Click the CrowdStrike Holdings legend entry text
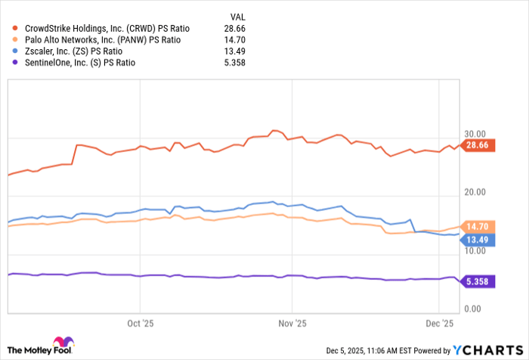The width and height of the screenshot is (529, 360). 107,28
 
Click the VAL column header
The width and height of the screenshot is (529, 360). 238,16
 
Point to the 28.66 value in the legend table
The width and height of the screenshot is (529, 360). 237,28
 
